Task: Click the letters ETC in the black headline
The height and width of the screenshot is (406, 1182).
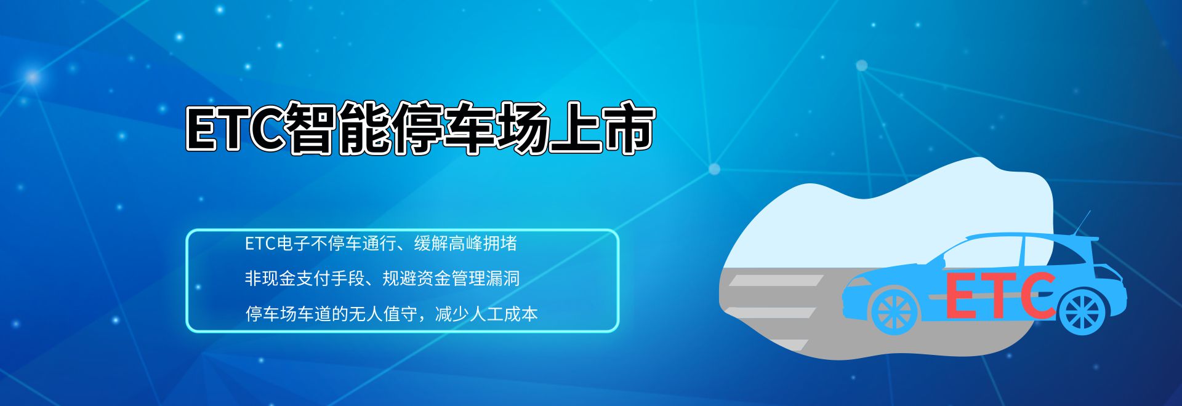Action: [236, 129]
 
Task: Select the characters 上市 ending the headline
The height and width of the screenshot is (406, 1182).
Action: [601, 128]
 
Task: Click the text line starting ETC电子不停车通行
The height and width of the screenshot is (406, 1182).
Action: [380, 244]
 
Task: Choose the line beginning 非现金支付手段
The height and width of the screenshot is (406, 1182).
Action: [382, 279]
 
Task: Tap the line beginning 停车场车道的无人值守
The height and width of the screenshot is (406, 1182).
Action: [392, 314]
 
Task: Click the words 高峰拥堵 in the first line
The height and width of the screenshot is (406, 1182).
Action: [483, 244]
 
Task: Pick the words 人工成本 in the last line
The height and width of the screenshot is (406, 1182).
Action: [504, 314]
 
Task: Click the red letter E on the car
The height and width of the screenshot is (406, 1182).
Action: [962, 297]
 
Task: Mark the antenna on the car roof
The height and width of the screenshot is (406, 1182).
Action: [1082, 223]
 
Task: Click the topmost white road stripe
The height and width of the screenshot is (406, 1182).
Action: [776, 281]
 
